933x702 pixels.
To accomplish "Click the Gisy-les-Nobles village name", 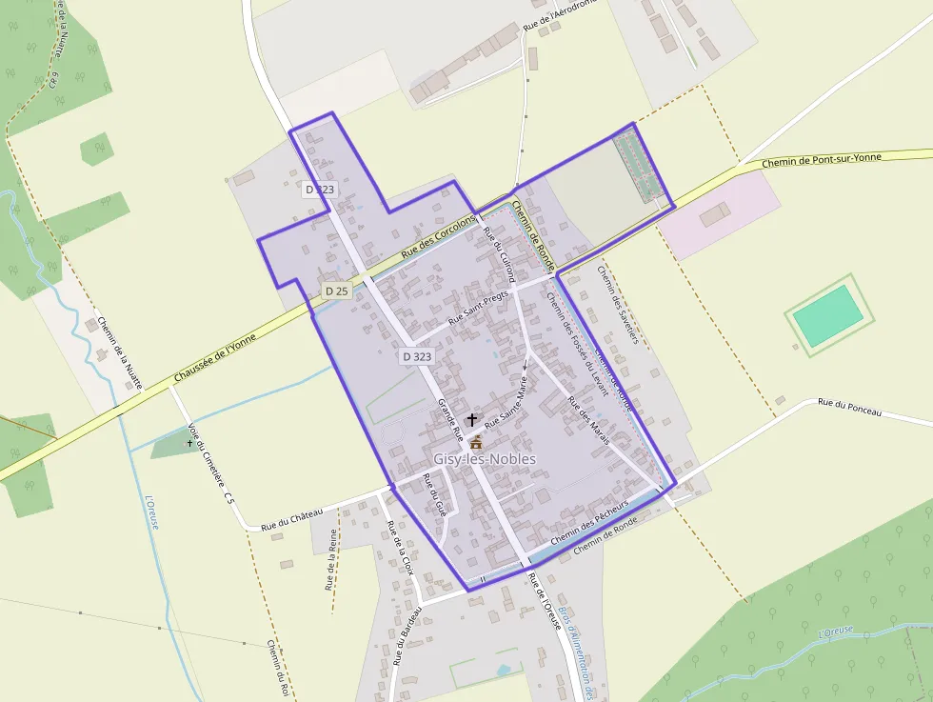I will click(485, 459).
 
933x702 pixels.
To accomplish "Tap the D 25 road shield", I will click(335, 291).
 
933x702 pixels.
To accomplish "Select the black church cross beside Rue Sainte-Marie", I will click(472, 419).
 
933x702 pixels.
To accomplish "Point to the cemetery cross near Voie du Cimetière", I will click(189, 442).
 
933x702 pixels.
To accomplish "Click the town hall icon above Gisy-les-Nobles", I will click(476, 442).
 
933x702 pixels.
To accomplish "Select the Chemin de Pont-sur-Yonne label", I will click(823, 161).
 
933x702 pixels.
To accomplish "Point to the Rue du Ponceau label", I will click(849, 408).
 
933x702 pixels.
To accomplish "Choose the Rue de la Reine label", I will click(330, 559).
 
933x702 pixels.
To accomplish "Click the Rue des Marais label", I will click(587, 419).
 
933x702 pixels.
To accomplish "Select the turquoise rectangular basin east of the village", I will click(827, 315).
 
